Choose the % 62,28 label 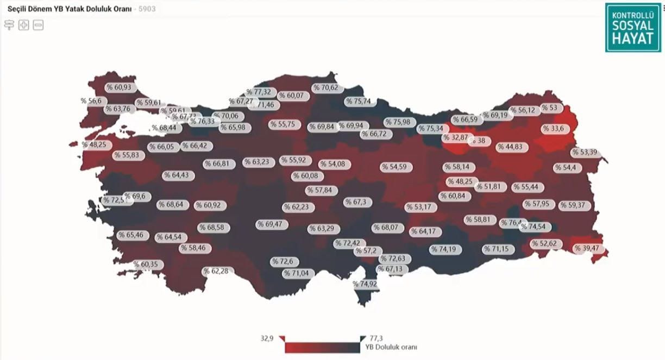point(219,271)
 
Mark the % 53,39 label point(585,152)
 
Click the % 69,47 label point(273,224)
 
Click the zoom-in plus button point(23,25)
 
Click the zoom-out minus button point(38,25)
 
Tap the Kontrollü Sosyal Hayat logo point(632,28)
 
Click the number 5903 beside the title point(147,9)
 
